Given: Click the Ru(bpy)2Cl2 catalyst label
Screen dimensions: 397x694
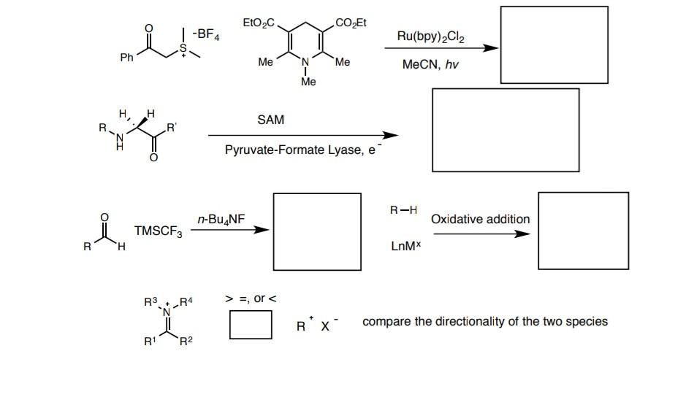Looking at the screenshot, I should point(430,35).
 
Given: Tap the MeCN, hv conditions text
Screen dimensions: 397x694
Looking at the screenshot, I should point(430,65).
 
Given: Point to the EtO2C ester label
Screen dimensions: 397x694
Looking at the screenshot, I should point(259,23).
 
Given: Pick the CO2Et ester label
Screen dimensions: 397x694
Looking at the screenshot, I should point(351,23).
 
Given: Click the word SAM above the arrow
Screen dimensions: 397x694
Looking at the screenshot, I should point(270,120).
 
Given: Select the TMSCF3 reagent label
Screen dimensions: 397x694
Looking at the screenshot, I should point(159,232).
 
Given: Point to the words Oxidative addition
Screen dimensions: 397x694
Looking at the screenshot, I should point(480,219).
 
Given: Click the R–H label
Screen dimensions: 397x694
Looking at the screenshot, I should point(403,211).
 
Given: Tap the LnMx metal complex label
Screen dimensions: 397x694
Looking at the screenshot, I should point(407,245).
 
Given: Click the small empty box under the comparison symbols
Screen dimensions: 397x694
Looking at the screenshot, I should point(251,325).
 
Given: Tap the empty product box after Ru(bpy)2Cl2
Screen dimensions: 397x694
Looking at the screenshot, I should point(554,45).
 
